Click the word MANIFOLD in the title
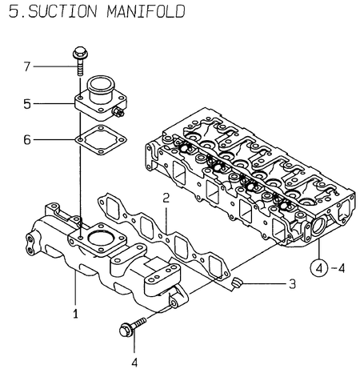pos(141,13)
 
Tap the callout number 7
pos(26,66)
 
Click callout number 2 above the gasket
pos(166,197)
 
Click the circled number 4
pos(318,267)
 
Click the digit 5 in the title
pos(9,13)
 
